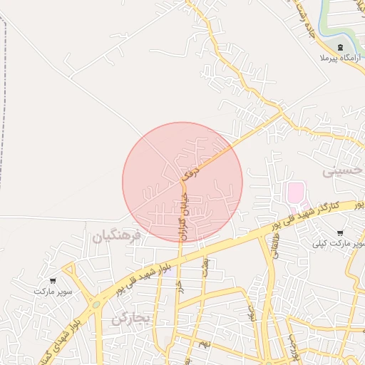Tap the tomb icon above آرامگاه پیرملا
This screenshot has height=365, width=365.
pyautogui.click(x=339, y=46)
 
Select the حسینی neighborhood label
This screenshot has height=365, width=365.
pyautogui.click(x=344, y=172)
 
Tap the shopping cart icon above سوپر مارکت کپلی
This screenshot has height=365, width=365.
pyautogui.click(x=339, y=233)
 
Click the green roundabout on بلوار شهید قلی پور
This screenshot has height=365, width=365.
pyautogui.click(x=95, y=304)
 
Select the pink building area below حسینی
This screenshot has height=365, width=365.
pyautogui.click(x=294, y=192)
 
